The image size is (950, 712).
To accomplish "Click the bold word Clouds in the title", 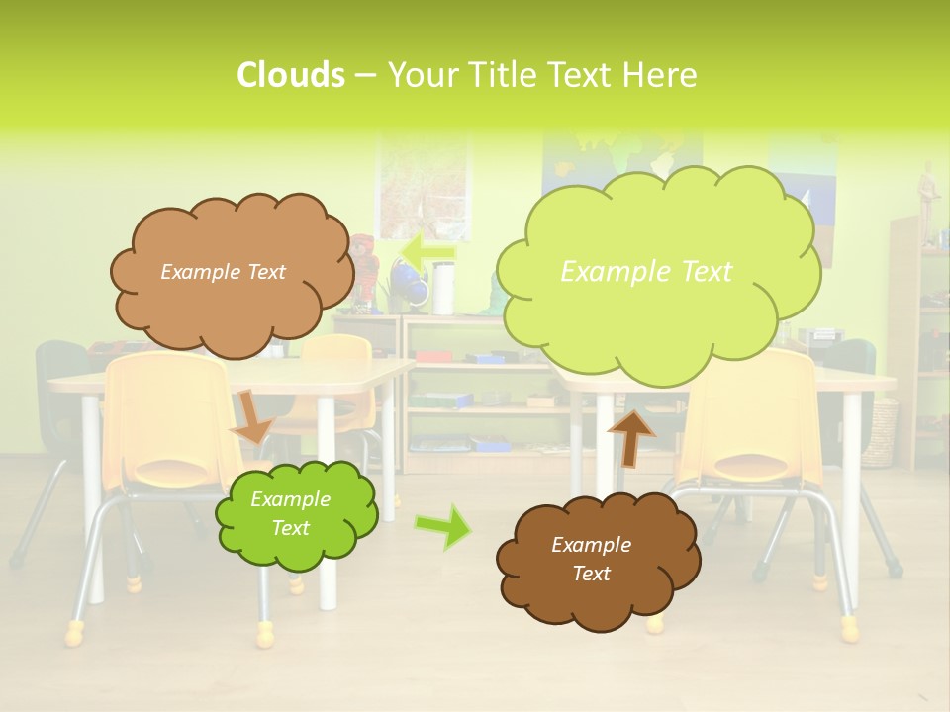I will [x=290, y=75].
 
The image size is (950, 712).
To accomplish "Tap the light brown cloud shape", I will [x=231, y=271].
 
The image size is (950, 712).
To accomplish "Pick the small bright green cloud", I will [x=296, y=515].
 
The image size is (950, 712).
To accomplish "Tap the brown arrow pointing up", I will [x=631, y=436].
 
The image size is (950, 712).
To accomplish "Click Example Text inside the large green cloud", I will [x=646, y=272].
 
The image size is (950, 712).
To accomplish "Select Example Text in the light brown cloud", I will [x=223, y=272].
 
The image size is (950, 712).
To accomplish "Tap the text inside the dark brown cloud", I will [x=591, y=559].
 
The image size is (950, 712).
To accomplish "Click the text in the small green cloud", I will [x=290, y=514].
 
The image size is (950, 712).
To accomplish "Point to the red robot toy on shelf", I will [x=366, y=267].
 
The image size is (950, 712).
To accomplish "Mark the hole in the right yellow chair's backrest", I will [x=757, y=464].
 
